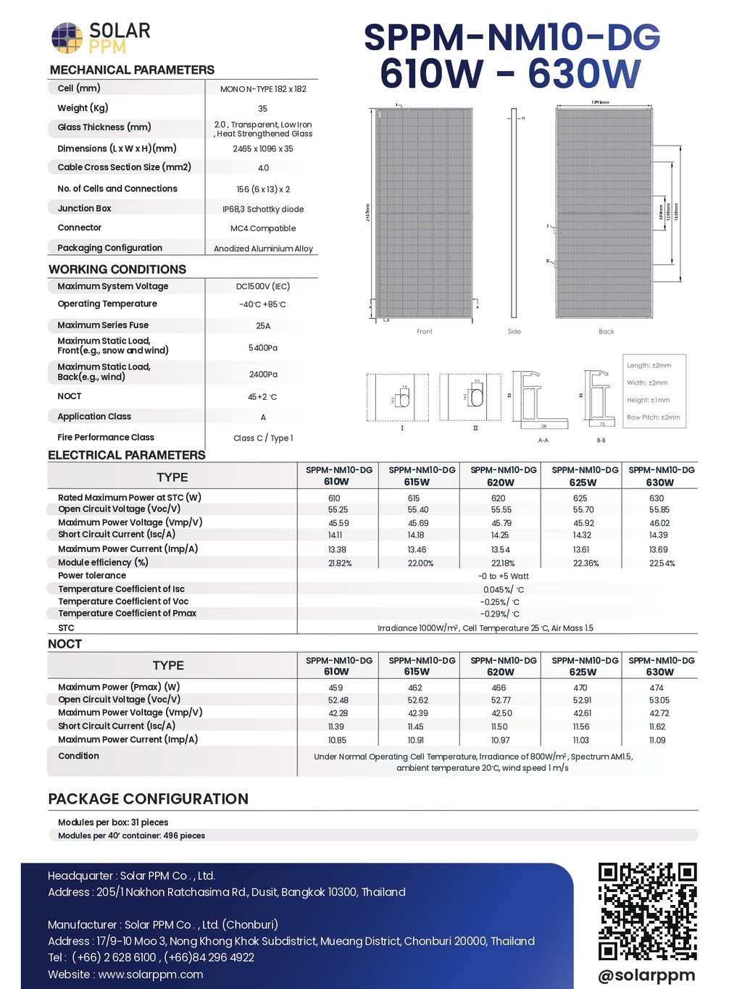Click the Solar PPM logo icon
pyautogui.click(x=67, y=38)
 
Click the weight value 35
pyautogui.click(x=263, y=109)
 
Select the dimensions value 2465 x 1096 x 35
pyautogui.click(x=263, y=149)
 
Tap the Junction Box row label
pyautogui.click(x=85, y=209)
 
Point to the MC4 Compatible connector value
pyautogui.click(x=263, y=228)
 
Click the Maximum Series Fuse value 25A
pyautogui.click(x=263, y=326)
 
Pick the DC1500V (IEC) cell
pyautogui.click(x=263, y=286)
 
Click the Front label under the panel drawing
pyautogui.click(x=425, y=332)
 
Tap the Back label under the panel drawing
pyautogui.click(x=606, y=332)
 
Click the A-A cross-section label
pyautogui.click(x=543, y=441)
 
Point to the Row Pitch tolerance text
pyautogui.click(x=654, y=417)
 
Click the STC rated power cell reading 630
pyautogui.click(x=656, y=498)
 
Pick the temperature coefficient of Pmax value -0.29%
pyautogui.click(x=500, y=614)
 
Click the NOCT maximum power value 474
pyautogui.click(x=656, y=688)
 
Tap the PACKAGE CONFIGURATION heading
pyautogui.click(x=149, y=798)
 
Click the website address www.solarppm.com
pyautogui.click(x=151, y=975)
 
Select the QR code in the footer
pyautogui.click(x=647, y=911)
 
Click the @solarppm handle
pyautogui.click(x=646, y=975)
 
